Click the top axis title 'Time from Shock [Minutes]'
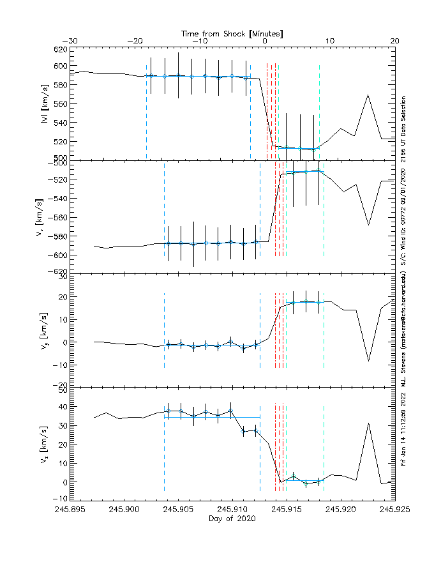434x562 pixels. coord(232,33)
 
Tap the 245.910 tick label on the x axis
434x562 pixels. coord(232,510)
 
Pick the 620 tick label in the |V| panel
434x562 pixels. coord(59,49)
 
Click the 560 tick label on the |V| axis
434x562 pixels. coord(59,103)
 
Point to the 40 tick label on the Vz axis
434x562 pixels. coord(62,407)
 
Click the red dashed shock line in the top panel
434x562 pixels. coord(267,109)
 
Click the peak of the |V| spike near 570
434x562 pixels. coord(368,95)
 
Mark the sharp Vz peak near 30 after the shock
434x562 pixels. coord(368,423)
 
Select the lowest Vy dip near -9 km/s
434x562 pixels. coord(368,361)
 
